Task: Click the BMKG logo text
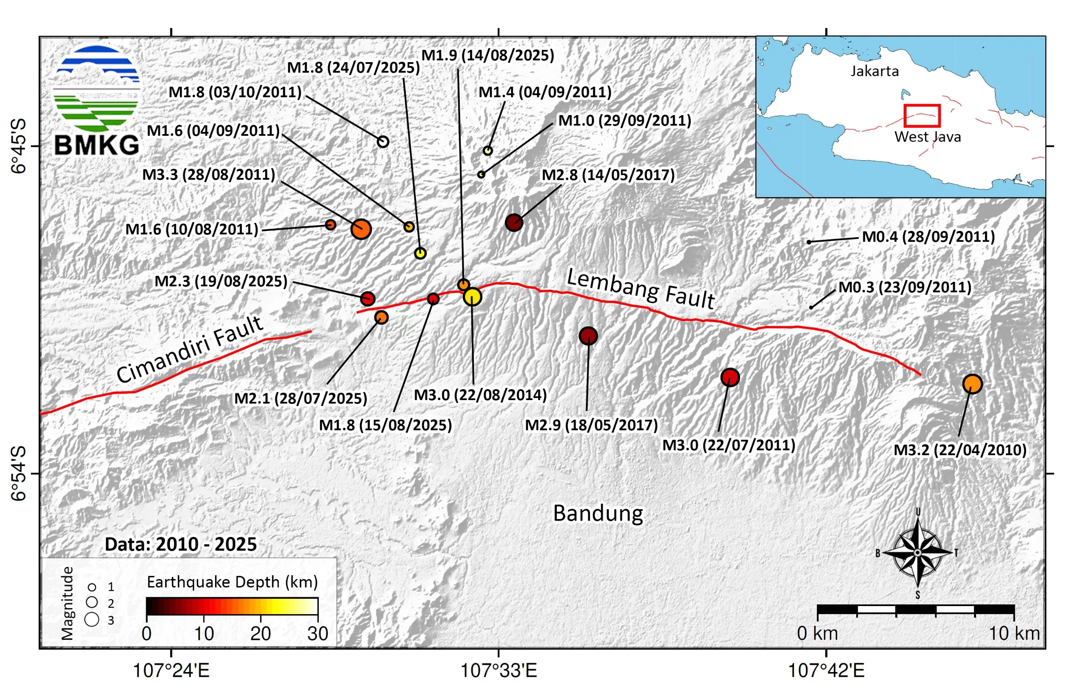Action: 97,145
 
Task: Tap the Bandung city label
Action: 597,513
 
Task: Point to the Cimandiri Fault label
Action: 189,348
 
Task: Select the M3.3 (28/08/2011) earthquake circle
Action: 361,229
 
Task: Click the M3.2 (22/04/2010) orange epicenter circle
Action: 972,384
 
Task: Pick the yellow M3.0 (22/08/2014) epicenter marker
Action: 472,297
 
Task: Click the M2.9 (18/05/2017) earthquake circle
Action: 588,336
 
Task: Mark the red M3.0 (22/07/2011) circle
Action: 730,377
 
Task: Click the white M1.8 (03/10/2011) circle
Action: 383,142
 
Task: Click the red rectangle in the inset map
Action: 921,116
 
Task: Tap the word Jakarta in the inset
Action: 874,71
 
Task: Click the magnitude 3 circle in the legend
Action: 92,619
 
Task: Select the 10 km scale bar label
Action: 1014,633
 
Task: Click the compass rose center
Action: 917,553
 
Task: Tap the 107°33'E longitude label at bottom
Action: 498,670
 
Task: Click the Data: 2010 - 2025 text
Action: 180,544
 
